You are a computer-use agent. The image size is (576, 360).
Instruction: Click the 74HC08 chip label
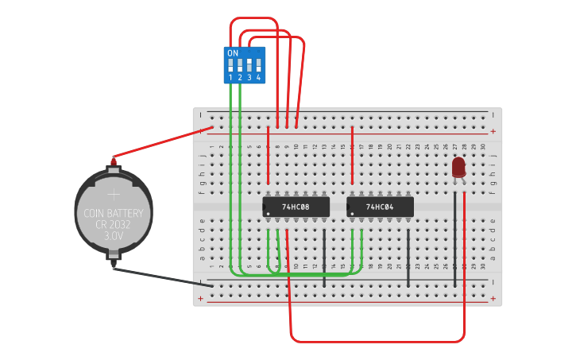(296, 207)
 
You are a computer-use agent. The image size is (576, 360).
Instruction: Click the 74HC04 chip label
(380, 207)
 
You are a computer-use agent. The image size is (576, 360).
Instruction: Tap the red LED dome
(458, 166)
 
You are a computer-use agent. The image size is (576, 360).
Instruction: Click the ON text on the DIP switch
(233, 53)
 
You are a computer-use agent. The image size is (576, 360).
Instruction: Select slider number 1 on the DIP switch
(230, 65)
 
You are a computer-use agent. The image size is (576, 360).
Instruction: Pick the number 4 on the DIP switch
(258, 77)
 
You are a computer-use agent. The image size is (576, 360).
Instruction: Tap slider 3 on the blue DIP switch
(249, 65)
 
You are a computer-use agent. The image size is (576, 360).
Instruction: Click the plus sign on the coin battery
(113, 193)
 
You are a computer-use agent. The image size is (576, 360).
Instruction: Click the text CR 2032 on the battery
(113, 224)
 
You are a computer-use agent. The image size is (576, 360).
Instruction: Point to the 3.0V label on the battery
(113, 236)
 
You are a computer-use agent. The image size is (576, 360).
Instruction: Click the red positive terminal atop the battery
(113, 162)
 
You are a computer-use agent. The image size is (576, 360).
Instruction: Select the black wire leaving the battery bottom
(163, 276)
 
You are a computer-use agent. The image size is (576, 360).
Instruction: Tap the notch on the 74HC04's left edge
(349, 207)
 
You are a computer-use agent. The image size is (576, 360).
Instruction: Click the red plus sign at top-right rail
(493, 131)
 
